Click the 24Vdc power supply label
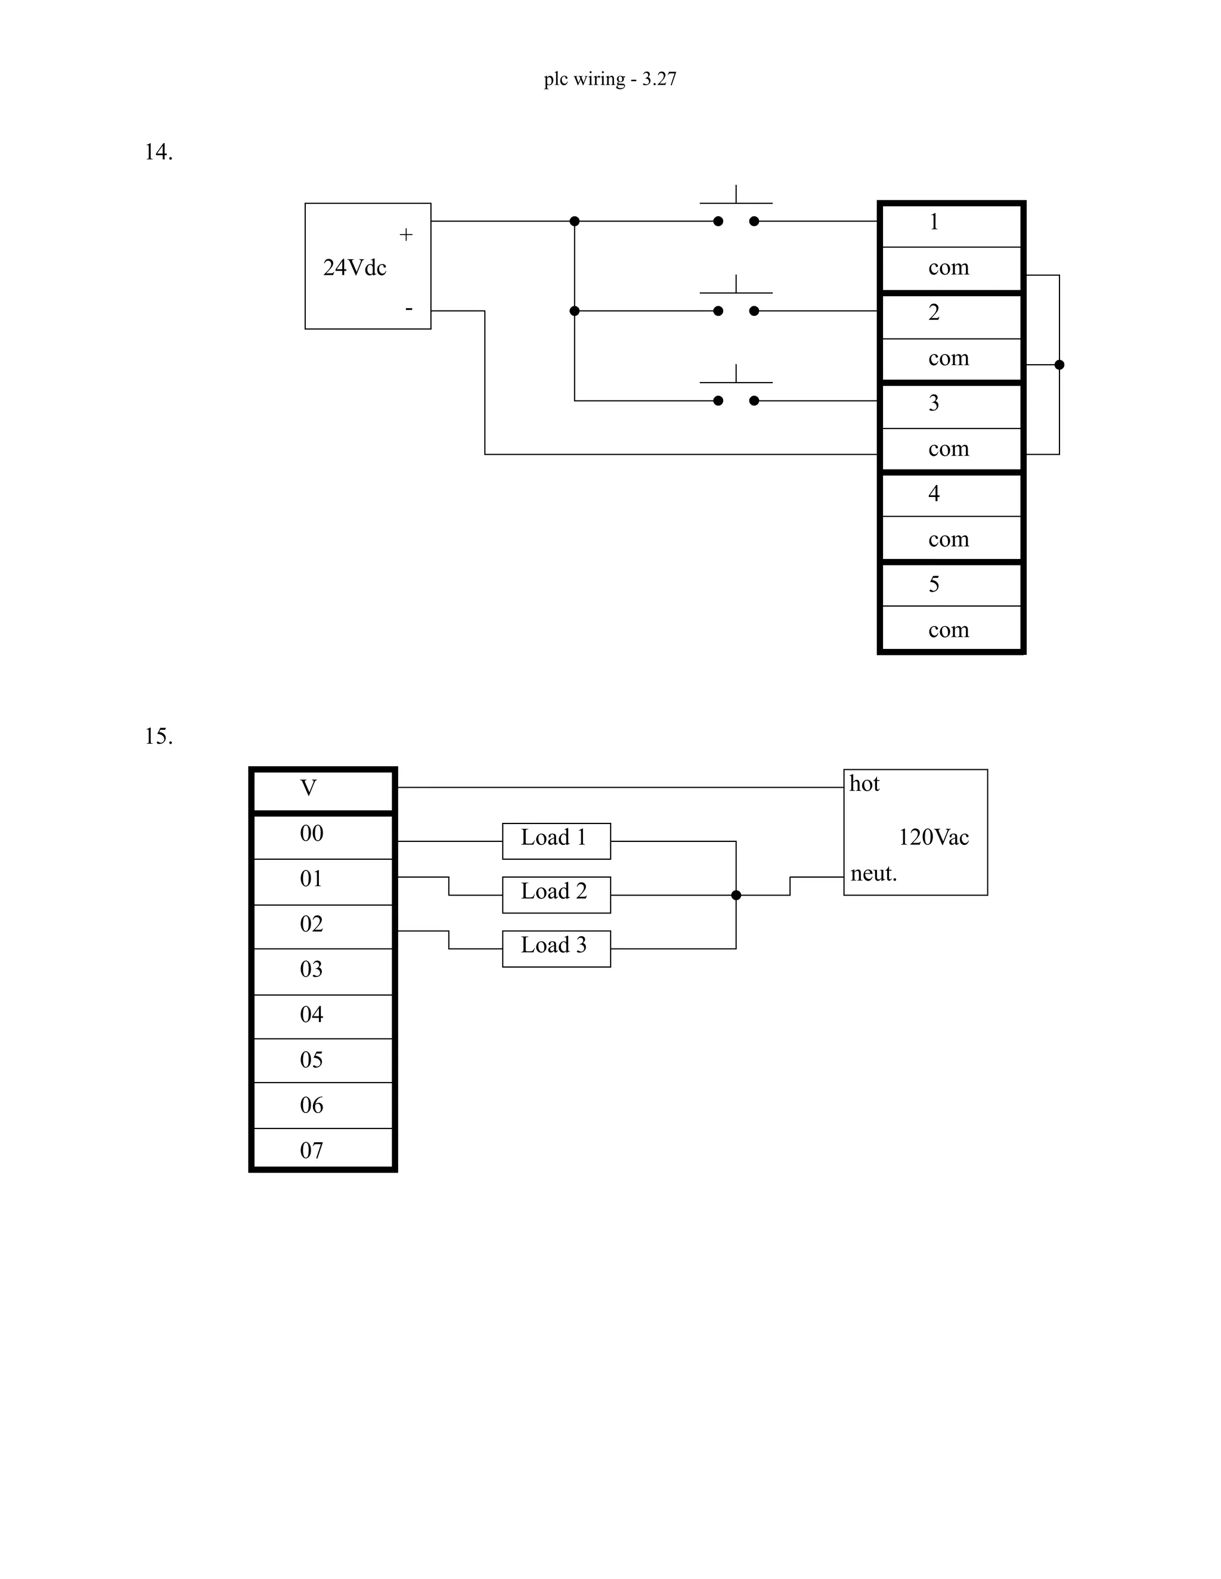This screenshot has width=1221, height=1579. tap(355, 268)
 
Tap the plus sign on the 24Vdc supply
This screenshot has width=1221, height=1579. tap(406, 234)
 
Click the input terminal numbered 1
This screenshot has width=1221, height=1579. tap(950, 223)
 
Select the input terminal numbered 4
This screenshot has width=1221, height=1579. tap(950, 494)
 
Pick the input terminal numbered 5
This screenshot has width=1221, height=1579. tap(950, 584)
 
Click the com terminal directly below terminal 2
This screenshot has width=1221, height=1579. tap(950, 359)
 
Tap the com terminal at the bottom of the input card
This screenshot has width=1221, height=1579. tap(950, 630)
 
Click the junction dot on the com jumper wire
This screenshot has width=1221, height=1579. tap(1059, 365)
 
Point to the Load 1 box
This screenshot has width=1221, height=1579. tap(556, 841)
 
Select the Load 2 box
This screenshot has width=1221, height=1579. tap(556, 894)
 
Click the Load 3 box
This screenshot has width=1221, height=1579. tap(556, 948)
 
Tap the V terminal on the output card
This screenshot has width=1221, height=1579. tap(322, 788)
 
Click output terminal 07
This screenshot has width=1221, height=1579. tap(322, 1150)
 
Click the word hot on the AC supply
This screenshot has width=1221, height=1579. tap(864, 784)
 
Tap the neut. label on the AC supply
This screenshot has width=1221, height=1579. tap(873, 874)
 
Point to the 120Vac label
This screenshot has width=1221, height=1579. tap(933, 837)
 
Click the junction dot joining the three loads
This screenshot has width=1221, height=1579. tap(736, 895)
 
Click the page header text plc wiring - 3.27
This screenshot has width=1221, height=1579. tap(610, 79)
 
